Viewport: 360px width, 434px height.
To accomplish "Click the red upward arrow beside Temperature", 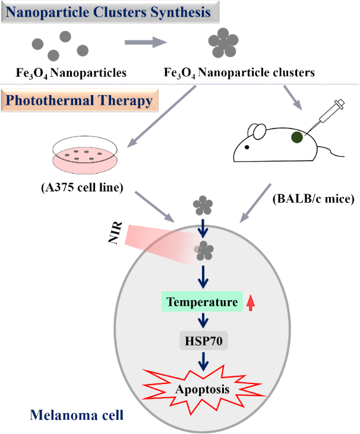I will point(251,303).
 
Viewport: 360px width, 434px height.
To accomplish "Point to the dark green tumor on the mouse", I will point(297,137).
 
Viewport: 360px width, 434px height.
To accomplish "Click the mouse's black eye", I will point(247,147).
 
